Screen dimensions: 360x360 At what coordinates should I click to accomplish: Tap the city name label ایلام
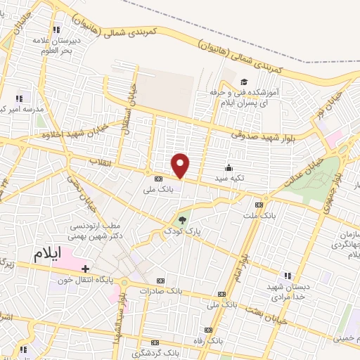pos(54,252)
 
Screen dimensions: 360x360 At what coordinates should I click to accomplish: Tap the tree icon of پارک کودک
pos(184,220)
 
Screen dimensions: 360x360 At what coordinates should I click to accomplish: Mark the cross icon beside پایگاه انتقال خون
pos(85,269)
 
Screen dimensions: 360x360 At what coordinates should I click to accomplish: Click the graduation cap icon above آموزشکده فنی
pos(243,82)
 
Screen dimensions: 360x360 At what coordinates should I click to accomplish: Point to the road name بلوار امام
pos(240,260)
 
